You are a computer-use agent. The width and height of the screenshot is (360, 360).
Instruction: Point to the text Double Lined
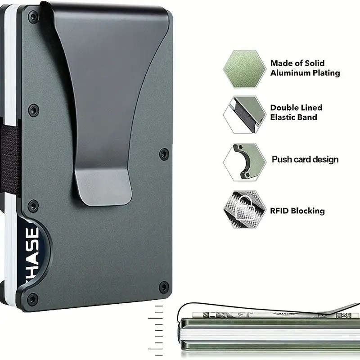[296, 108]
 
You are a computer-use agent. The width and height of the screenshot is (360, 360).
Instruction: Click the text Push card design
[305, 159]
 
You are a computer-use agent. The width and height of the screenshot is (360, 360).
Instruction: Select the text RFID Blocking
[297, 211]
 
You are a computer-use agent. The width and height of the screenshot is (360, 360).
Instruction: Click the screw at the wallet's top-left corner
[32, 18]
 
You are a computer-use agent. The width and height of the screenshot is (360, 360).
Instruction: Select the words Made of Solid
[297, 63]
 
